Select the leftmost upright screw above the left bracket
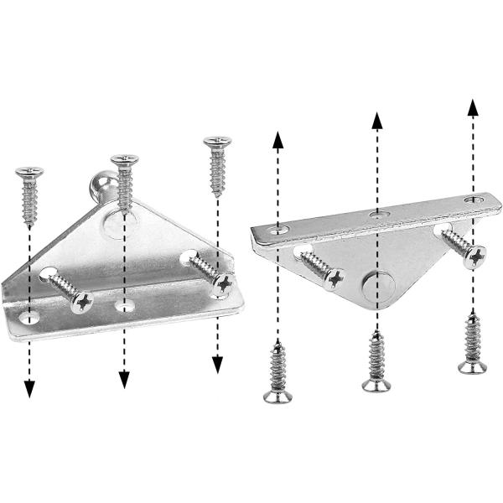pyautogui.click(x=29, y=196)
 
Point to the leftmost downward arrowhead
pyautogui.click(x=29, y=387)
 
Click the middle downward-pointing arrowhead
pyautogui.click(x=124, y=379)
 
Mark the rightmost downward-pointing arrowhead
pyautogui.click(x=217, y=364)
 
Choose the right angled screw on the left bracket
pyautogui.click(x=210, y=275)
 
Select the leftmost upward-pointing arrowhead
pyautogui.click(x=277, y=139)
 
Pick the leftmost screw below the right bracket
pyautogui.click(x=277, y=373)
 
